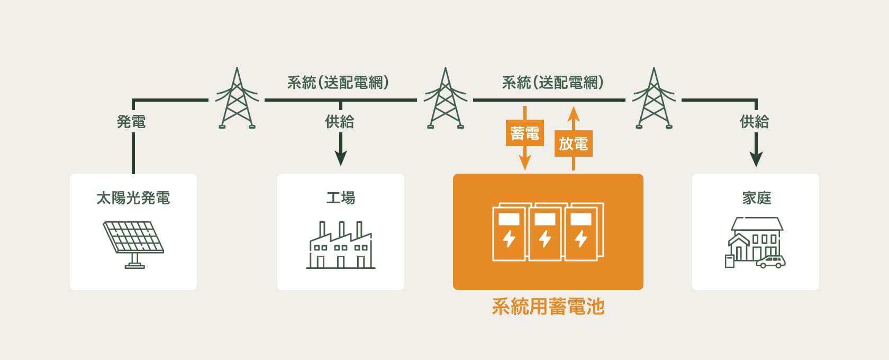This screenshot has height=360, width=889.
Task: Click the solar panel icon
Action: [x=133, y=241]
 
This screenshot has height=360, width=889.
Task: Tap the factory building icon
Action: [x=341, y=246]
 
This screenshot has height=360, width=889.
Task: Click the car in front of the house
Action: [x=771, y=262]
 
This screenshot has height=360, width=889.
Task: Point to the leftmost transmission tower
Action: [x=237, y=99]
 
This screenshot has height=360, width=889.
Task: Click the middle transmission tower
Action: [x=445, y=99]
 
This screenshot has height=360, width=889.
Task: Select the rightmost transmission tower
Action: [x=654, y=99]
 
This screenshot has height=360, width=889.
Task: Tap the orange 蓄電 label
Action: [x=524, y=133]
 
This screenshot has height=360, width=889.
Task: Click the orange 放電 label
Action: [x=573, y=143]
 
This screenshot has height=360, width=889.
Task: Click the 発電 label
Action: [x=131, y=122]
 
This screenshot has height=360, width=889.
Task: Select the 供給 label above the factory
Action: [x=340, y=122]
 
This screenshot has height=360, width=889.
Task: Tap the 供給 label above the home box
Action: [x=755, y=122]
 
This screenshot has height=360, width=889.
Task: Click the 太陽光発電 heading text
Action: [x=133, y=198]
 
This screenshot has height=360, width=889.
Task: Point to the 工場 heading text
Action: [x=341, y=198]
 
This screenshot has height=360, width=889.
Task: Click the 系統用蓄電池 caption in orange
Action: [x=548, y=307]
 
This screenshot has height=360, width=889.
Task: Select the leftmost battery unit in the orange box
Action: [x=509, y=233]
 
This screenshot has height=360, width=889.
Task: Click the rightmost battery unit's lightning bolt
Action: [x=581, y=238]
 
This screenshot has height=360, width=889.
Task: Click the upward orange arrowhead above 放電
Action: [x=574, y=113]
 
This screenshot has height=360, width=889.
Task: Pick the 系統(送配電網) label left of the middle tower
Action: [x=338, y=83]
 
